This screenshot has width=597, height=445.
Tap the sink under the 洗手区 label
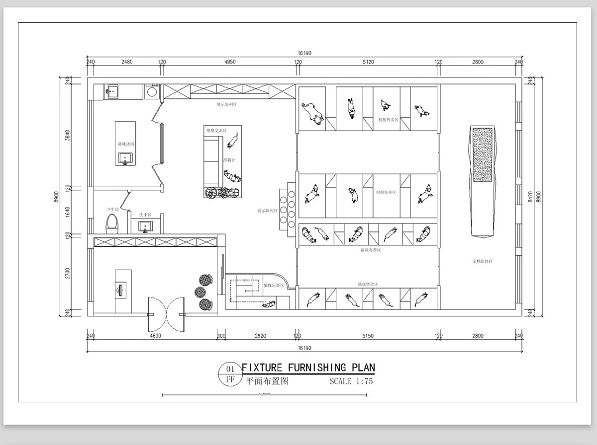click(145, 226)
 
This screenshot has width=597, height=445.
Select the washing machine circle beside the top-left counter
click(152, 91)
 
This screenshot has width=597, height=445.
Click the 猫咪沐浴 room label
click(126, 144)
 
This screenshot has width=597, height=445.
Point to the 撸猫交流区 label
click(216, 131)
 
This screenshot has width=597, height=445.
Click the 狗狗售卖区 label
click(388, 120)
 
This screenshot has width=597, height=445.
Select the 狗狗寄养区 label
click(386, 192)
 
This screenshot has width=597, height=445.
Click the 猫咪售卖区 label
click(368, 284)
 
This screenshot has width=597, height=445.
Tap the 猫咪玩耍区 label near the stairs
click(274, 286)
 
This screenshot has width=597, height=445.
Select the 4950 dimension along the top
click(230, 62)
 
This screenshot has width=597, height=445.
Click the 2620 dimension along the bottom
click(260, 336)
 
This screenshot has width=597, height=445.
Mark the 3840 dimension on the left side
click(68, 135)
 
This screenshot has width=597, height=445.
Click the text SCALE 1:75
click(351, 381)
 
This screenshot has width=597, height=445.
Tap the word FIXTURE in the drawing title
click(262, 368)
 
